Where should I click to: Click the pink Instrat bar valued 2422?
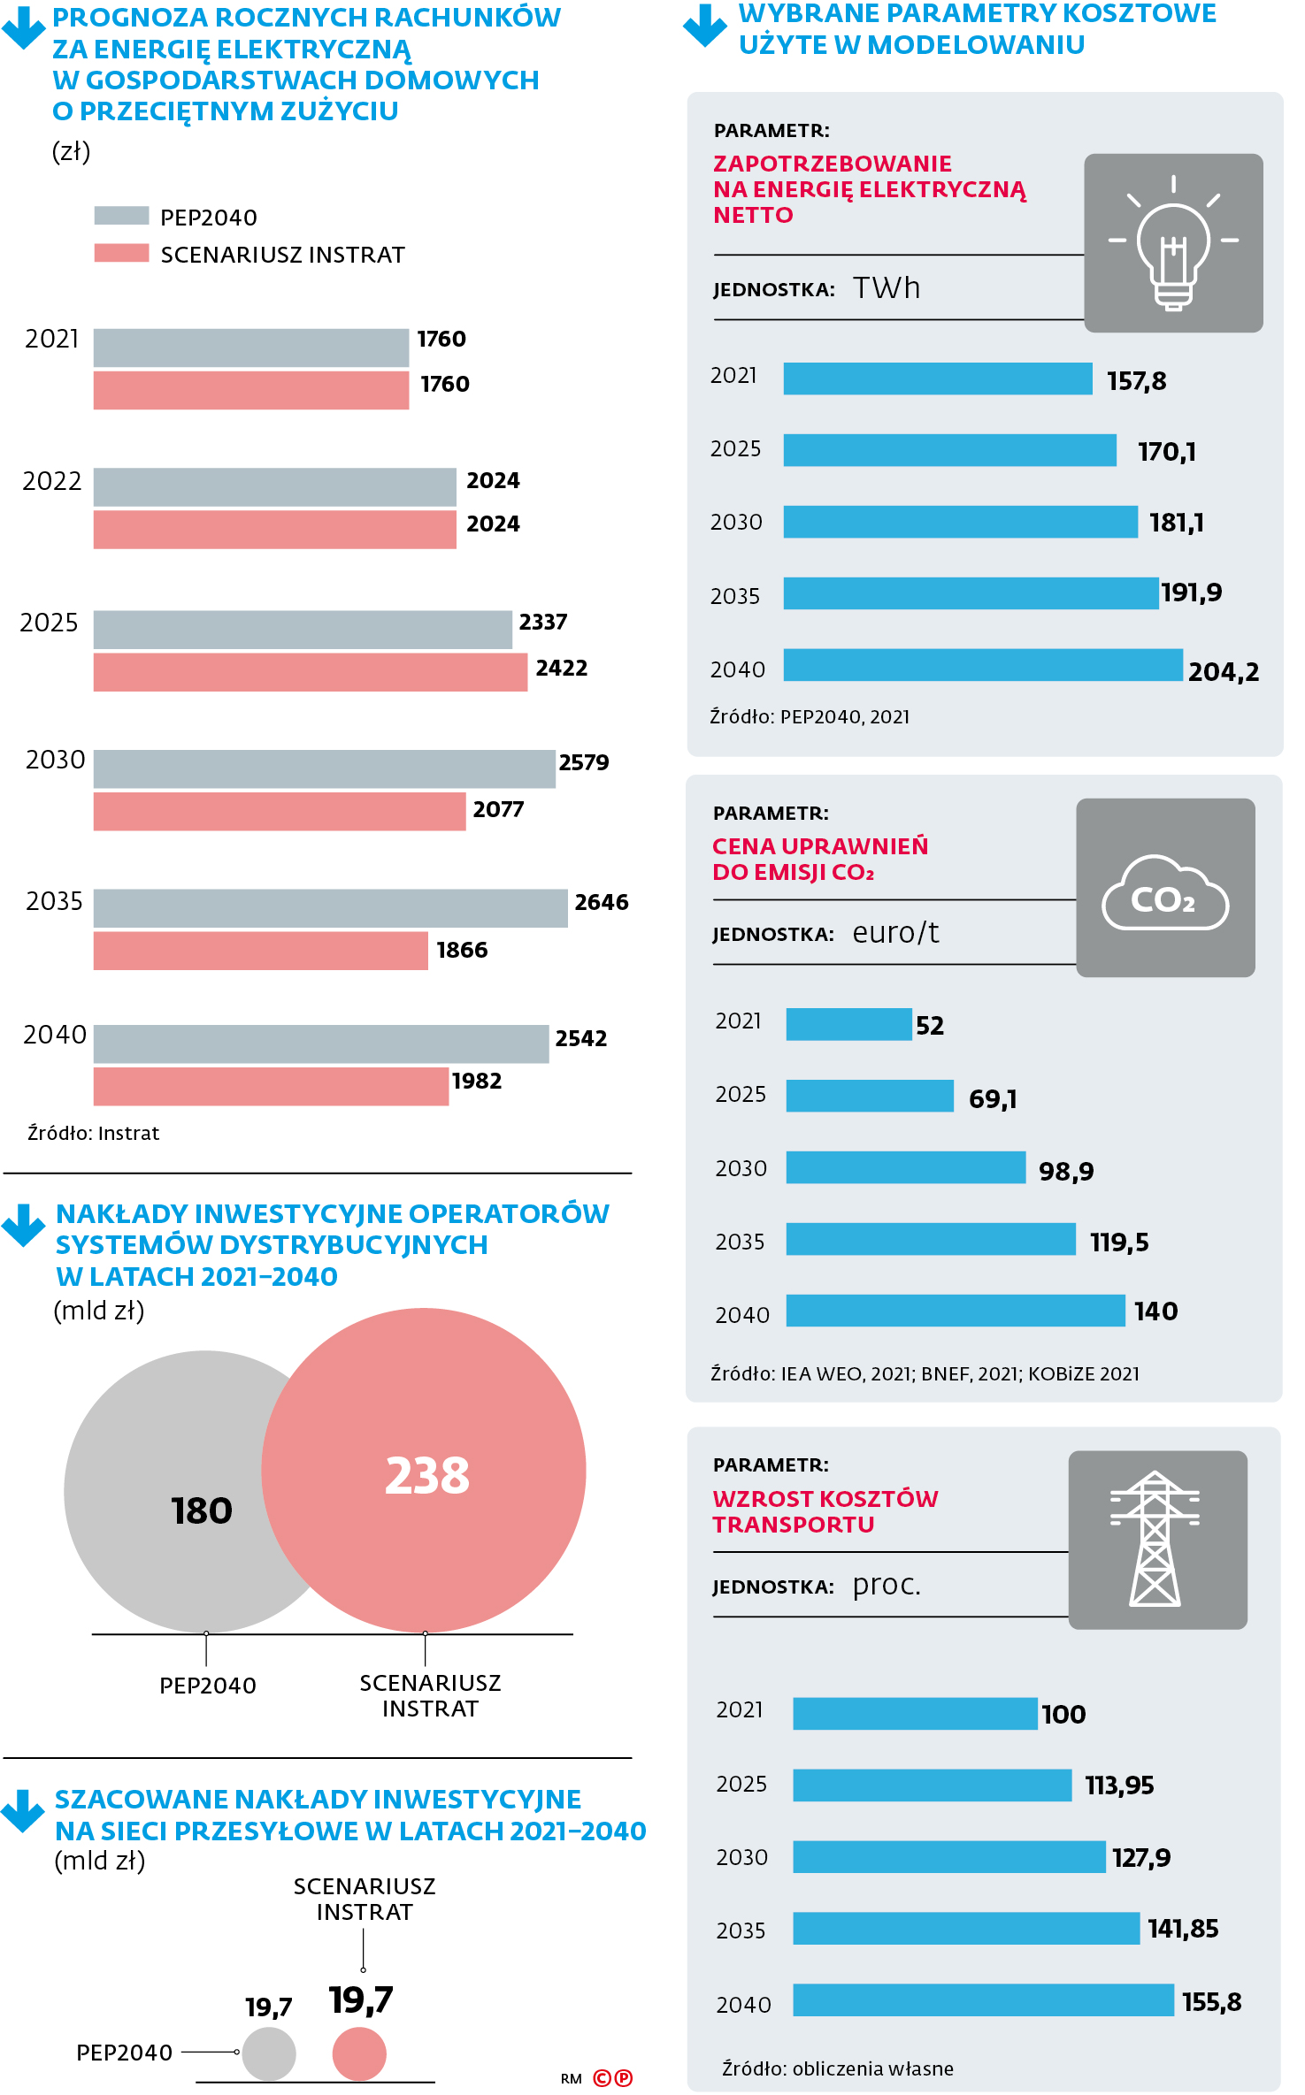(x=310, y=672)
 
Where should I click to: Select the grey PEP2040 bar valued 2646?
(x=330, y=908)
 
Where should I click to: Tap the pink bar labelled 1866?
(x=260, y=951)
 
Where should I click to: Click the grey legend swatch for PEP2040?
(x=121, y=216)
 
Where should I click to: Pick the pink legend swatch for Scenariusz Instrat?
(x=121, y=254)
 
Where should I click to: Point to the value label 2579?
(x=584, y=762)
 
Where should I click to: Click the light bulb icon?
(x=1173, y=243)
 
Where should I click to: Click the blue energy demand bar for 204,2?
(x=982, y=665)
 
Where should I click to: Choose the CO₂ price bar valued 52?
(x=848, y=1024)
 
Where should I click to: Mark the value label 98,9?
(x=1066, y=1172)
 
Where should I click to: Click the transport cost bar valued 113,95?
(x=932, y=1785)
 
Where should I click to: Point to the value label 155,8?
(x=1211, y=2002)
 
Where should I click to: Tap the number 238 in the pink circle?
(x=427, y=1475)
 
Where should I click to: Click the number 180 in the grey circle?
(x=202, y=1510)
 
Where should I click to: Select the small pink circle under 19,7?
(x=359, y=2053)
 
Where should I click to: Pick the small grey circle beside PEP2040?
(x=269, y=2053)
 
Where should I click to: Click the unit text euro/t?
(x=895, y=933)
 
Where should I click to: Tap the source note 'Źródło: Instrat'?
(x=94, y=1133)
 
